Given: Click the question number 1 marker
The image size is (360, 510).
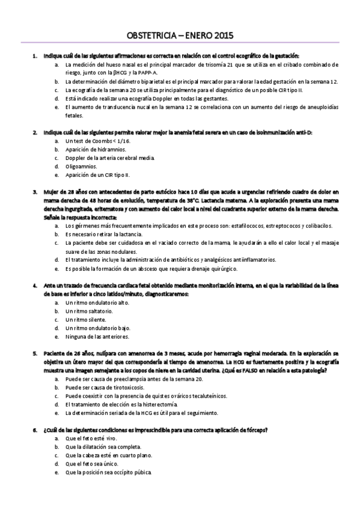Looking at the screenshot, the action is (35, 55).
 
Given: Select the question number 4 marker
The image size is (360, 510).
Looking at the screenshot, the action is (35, 286).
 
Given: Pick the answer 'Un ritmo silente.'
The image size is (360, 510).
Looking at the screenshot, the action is (86, 320).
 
